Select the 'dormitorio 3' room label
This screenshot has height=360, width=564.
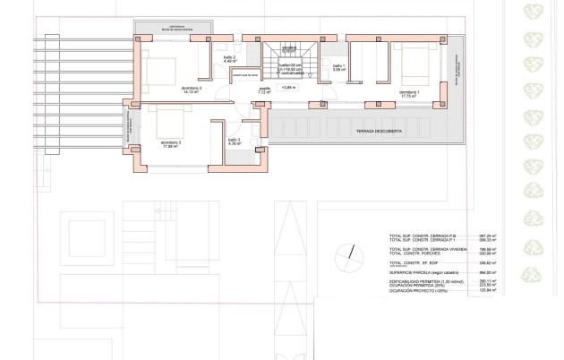(171, 143)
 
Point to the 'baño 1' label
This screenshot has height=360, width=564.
(338, 66)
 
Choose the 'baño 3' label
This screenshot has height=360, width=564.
(234, 140)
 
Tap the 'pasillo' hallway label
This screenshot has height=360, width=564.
(265, 90)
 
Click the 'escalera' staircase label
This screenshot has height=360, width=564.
(288, 47)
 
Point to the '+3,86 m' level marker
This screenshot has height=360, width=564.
(288, 88)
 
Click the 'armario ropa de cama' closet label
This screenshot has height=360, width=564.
(246, 75)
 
